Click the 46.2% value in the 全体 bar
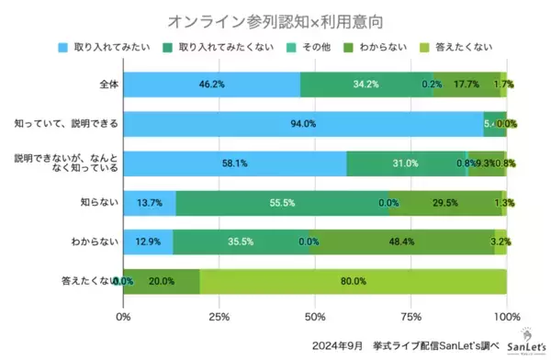coord(213,84)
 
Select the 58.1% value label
coord(235,163)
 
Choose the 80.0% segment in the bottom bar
coord(353,281)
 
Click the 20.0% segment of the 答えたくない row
coord(161,281)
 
